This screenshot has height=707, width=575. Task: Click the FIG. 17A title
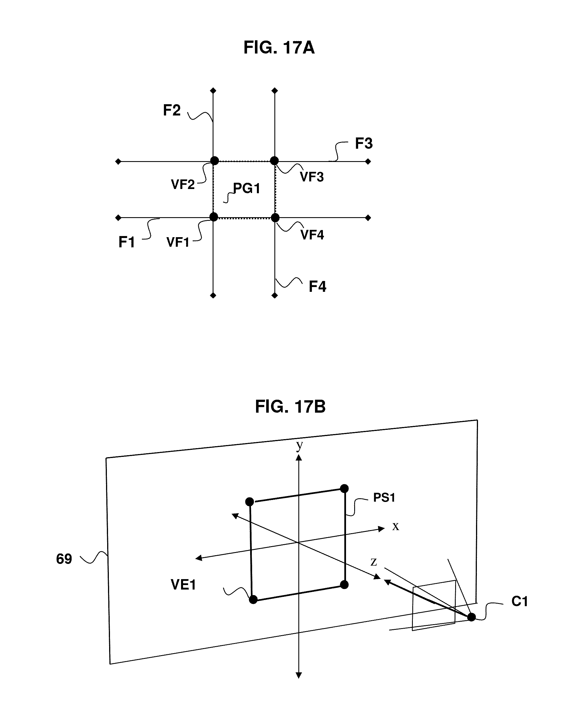279,48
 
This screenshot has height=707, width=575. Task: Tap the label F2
171,110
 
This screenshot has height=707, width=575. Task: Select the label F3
364,144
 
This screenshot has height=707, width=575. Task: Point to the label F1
127,242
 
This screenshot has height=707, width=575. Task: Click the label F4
317,286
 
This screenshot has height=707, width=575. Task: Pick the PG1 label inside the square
246,188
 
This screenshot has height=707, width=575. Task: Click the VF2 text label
183,184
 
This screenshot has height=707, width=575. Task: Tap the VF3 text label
312,177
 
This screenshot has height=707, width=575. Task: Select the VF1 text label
178,243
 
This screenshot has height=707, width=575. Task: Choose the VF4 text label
312,235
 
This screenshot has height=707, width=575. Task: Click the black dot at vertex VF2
215,161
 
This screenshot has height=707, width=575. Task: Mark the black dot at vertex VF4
275,218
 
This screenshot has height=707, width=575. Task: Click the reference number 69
64,559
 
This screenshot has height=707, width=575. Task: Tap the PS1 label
384,498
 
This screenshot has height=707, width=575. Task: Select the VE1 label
183,584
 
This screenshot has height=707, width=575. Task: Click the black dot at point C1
471,617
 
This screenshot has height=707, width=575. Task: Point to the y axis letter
299,446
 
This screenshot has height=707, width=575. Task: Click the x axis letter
395,526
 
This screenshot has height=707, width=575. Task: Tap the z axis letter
374,561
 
